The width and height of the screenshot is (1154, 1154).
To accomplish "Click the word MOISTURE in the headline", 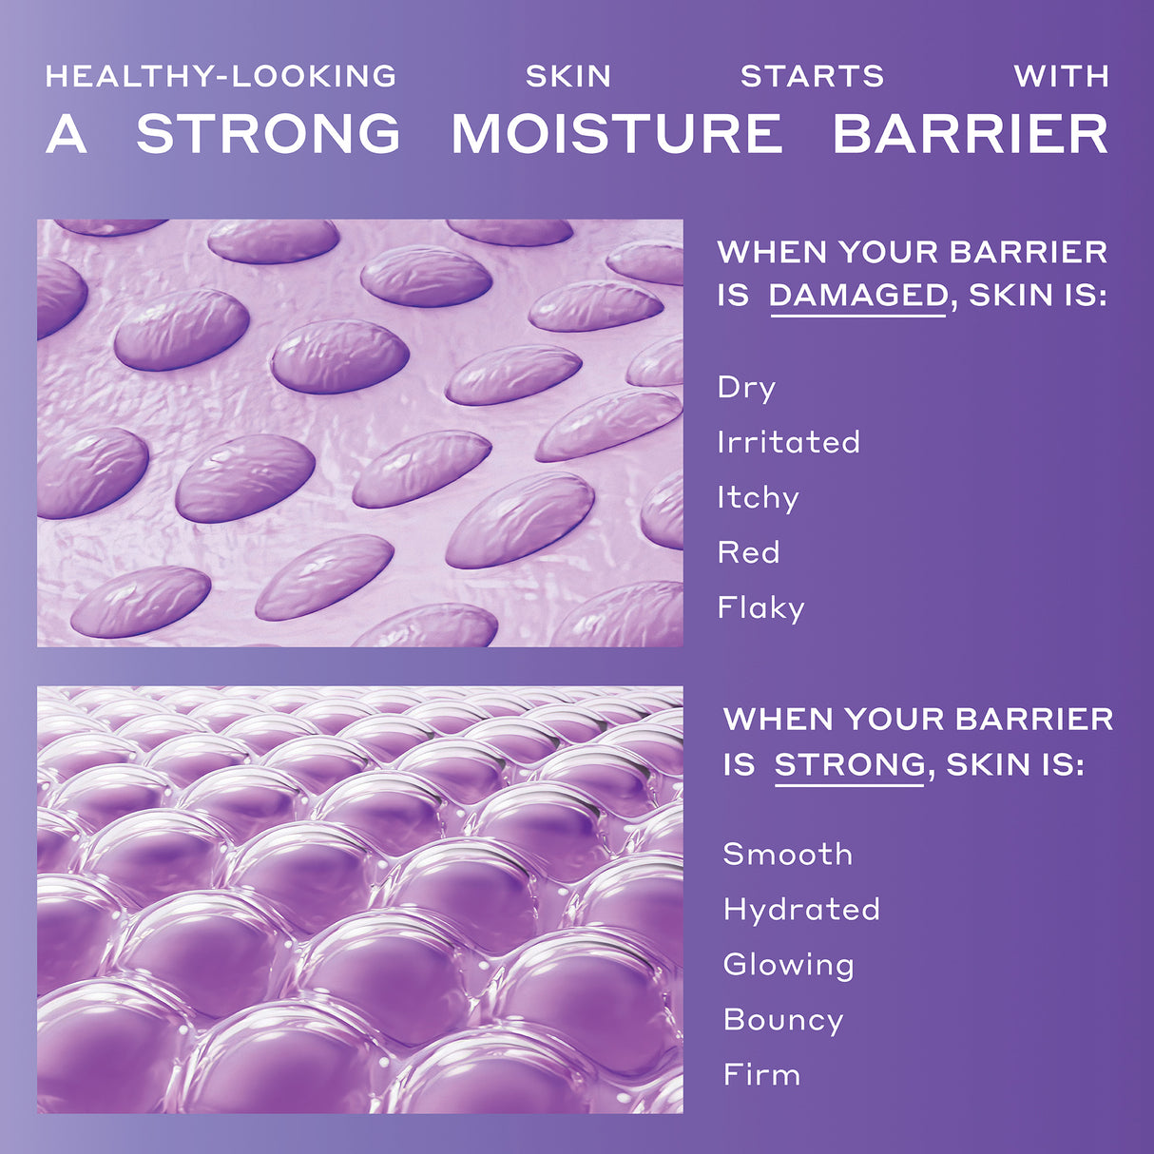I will [616, 134].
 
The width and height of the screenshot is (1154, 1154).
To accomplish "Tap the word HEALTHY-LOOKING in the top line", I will [221, 76].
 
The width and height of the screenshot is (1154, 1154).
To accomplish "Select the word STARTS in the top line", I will [812, 76].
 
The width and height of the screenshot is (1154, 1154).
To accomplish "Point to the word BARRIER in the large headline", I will [971, 134].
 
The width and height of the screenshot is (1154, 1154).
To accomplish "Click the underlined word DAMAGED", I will [857, 296].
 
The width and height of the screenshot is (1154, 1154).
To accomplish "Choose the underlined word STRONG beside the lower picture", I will [850, 764].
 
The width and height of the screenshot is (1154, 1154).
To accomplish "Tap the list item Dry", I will [746, 388].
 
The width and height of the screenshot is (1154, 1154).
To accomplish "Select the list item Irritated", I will [788, 442].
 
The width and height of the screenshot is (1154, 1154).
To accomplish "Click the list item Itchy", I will [758, 498].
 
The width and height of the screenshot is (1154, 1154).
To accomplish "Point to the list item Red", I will [748, 552].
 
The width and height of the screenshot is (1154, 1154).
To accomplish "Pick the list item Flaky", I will [760, 608].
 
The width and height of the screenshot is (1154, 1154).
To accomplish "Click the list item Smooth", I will [787, 854].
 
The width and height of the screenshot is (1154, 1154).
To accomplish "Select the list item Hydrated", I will [801, 910].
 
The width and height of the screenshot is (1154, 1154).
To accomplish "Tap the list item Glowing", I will [788, 965].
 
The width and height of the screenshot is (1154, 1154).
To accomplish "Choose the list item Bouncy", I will [783, 1020].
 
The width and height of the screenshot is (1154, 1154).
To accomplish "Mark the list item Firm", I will [761, 1075].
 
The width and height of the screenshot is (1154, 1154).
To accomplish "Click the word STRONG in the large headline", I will [268, 134].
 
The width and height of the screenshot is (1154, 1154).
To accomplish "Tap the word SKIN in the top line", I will [568, 76].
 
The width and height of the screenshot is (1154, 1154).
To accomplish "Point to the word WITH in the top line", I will [1061, 76].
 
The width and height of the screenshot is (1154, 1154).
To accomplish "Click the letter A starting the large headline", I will [67, 134].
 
